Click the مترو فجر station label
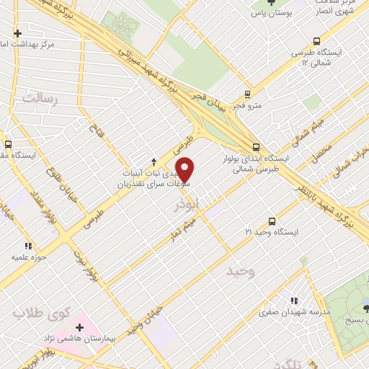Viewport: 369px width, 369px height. [247, 106]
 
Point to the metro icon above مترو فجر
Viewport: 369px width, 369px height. [247, 94]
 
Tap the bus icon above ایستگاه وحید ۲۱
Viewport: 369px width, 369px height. [272, 221]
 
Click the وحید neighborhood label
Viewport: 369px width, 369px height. [241, 272]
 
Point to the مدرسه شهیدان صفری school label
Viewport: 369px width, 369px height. [295, 313]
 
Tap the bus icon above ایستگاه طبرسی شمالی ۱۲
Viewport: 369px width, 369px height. [316, 41]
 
